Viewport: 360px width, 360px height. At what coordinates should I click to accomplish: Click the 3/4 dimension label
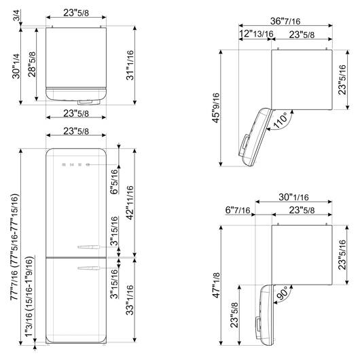click(17, 15)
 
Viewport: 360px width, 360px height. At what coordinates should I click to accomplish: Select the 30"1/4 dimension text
click(16, 67)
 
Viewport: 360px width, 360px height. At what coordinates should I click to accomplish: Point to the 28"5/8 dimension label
click(32, 65)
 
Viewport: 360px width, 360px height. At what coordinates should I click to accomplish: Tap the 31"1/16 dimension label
click(130, 65)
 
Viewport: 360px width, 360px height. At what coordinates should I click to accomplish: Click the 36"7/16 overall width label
click(285, 21)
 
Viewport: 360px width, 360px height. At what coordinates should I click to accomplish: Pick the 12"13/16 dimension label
click(256, 34)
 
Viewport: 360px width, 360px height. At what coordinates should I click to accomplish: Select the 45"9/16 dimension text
click(216, 108)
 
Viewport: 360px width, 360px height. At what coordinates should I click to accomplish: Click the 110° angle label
click(280, 120)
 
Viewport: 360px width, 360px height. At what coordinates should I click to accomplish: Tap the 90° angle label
click(283, 293)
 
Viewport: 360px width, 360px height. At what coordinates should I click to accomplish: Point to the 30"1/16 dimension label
click(293, 197)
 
